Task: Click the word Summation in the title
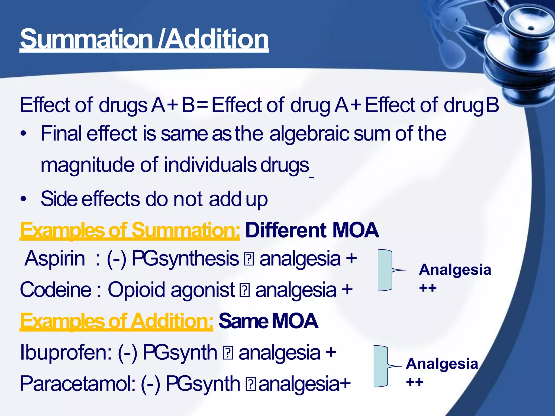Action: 86,39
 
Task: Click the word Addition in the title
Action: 217,39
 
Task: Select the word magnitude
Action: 87,165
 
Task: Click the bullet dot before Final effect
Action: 24,134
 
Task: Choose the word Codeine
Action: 56,290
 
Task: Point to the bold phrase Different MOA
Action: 312,230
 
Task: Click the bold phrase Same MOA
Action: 268,321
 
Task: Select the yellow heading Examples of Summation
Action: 130,230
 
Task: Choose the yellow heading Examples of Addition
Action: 117,321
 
